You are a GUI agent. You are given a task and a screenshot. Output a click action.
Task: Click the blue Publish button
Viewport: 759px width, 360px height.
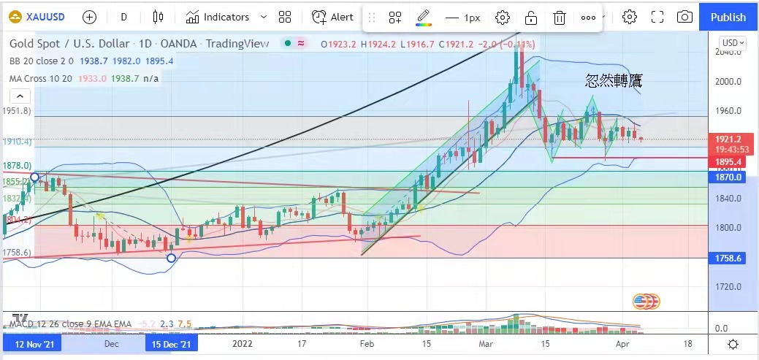[x=728, y=17]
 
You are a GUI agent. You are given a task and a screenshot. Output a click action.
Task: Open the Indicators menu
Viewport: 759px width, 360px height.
[x=217, y=17]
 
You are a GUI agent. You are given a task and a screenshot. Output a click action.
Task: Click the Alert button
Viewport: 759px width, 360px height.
[x=332, y=17]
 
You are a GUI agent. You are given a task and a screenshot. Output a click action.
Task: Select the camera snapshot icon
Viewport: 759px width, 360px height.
[x=684, y=17]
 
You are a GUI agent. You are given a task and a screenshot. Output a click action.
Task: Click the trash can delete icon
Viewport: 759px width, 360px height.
[x=559, y=18]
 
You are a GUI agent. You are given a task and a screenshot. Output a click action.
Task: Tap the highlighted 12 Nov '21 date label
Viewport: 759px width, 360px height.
[x=31, y=342]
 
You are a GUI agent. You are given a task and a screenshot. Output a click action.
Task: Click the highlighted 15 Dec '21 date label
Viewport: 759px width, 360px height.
[x=172, y=342]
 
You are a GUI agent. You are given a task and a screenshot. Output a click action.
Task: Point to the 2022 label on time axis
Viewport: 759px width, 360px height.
[x=242, y=342]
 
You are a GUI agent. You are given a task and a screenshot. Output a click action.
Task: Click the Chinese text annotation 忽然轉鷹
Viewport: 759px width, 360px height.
[x=613, y=81]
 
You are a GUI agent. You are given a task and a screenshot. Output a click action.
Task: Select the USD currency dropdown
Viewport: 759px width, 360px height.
[x=733, y=43]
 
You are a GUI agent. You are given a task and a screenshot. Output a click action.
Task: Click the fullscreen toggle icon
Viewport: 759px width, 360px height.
[x=657, y=17]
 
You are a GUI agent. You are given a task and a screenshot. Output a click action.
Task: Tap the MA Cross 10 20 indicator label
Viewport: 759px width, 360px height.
[x=42, y=78]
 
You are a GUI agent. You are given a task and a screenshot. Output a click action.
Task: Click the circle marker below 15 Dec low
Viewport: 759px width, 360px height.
[x=171, y=258]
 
